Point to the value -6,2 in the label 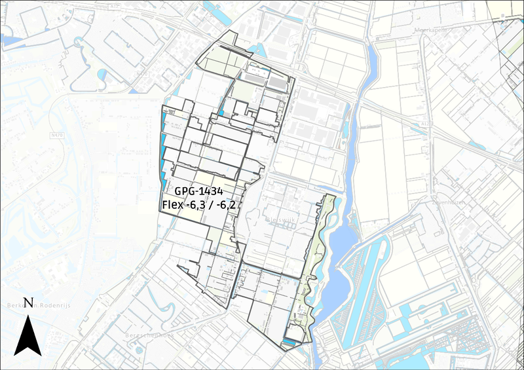click(227, 205)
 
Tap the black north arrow click(27, 334)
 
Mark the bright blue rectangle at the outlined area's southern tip click(288, 342)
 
